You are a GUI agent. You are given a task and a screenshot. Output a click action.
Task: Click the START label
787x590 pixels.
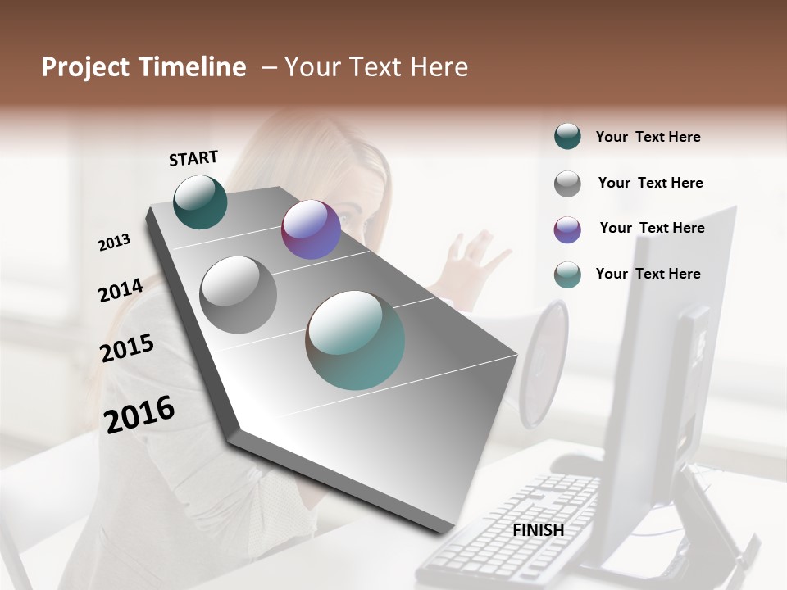click(x=193, y=158)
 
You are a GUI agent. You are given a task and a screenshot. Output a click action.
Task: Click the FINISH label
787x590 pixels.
click(x=538, y=530)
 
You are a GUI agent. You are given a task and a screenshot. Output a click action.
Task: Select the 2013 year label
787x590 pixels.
click(x=114, y=243)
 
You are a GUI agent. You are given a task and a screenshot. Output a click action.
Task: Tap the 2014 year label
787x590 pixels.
click(x=121, y=290)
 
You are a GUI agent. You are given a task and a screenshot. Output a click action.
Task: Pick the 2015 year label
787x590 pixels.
click(x=126, y=347)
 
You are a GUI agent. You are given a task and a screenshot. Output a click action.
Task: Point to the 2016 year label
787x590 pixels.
click(x=139, y=414)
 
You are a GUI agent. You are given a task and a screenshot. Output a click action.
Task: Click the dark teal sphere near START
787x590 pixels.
click(x=201, y=202)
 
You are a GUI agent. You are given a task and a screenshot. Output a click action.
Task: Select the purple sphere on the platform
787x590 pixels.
click(x=311, y=229)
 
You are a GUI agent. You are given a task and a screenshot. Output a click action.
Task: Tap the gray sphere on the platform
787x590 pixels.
click(x=239, y=295)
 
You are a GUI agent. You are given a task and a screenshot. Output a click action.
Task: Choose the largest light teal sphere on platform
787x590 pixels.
click(x=355, y=340)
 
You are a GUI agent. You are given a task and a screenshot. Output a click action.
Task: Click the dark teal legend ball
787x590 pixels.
click(x=567, y=137)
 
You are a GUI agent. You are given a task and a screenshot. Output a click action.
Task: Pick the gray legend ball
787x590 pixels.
click(x=567, y=184)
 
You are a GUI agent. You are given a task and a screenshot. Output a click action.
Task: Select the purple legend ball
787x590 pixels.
click(x=567, y=229)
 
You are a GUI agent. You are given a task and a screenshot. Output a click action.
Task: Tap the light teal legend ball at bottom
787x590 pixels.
click(x=567, y=275)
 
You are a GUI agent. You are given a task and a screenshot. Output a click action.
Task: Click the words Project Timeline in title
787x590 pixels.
click(x=143, y=67)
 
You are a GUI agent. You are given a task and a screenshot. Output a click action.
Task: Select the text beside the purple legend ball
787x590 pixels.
click(x=652, y=228)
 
